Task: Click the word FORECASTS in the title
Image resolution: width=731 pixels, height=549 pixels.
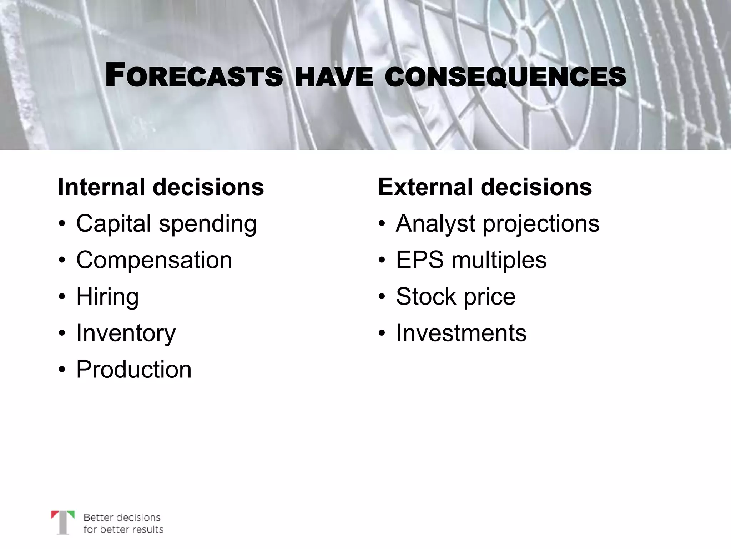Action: [x=194, y=76]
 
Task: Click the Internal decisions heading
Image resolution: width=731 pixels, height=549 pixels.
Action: [x=161, y=187]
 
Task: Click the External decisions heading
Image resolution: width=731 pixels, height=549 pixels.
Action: [x=485, y=187]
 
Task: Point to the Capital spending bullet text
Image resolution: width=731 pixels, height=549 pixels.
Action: [x=166, y=224]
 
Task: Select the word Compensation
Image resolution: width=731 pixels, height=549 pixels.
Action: [x=154, y=260]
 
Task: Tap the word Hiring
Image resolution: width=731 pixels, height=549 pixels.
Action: [x=107, y=297]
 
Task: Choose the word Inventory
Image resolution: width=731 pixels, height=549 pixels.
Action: [x=126, y=333]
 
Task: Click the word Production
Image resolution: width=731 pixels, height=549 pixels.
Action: [x=134, y=369]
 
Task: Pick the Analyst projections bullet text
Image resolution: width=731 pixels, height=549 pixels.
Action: [x=498, y=224]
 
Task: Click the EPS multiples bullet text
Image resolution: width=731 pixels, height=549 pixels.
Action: [x=471, y=260]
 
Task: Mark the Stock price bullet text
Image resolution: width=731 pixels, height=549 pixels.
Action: [x=456, y=297]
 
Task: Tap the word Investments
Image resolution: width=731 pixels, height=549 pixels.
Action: [x=461, y=333]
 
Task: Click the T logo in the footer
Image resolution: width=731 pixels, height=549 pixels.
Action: [x=63, y=522]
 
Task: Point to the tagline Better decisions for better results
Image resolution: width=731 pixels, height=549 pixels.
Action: [x=123, y=523]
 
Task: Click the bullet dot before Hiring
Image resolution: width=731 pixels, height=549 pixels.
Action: [x=62, y=297]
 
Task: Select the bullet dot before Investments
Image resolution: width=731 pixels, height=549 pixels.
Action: [x=382, y=333]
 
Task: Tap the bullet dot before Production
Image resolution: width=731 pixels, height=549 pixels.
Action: [x=62, y=370]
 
